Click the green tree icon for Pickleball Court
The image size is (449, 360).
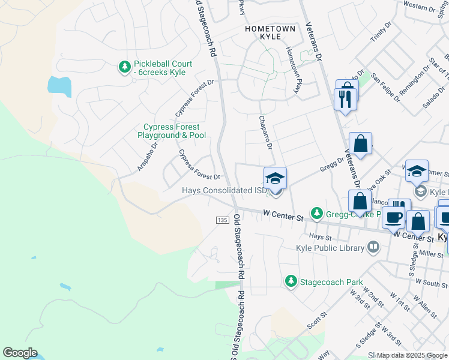click(124, 68)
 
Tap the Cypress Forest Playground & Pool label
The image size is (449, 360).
click(174, 131)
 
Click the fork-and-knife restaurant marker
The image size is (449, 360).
click(345, 98)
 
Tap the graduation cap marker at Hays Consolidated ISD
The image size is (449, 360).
click(275, 178)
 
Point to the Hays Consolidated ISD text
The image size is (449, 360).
click(224, 191)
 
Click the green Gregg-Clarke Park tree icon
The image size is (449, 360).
click(316, 214)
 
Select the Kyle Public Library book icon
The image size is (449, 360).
click(373, 247)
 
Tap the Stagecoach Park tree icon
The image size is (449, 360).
click(291, 281)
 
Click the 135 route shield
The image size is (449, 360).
click(222, 221)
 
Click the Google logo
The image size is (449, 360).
click(20, 353)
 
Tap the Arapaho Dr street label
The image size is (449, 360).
click(147, 153)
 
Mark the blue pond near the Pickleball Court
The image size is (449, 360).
click(59, 86)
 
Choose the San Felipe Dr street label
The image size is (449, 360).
click(385, 88)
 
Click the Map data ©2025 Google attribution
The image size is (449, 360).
click(412, 355)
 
